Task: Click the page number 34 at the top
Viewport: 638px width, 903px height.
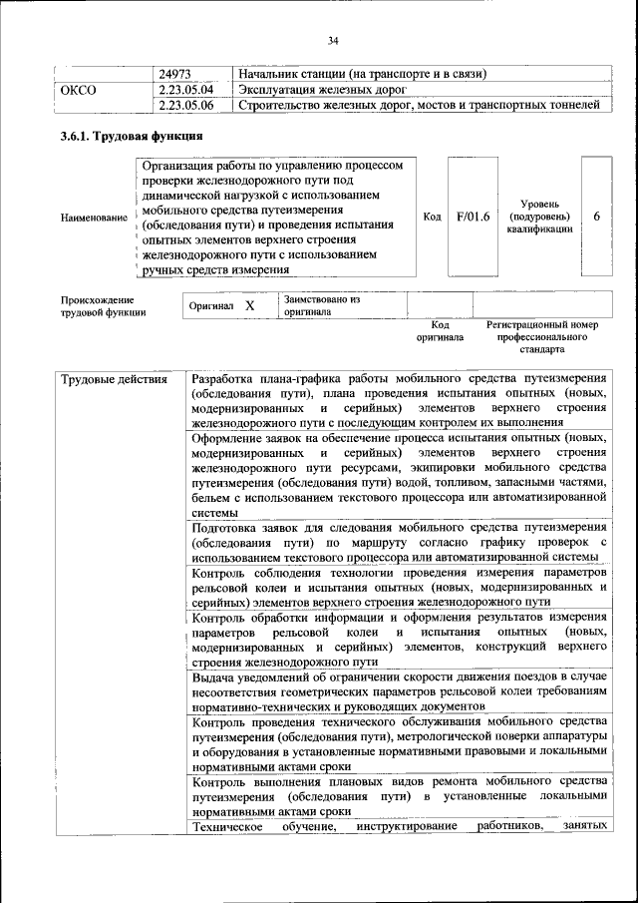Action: [333, 40]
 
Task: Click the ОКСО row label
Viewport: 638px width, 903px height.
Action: [79, 90]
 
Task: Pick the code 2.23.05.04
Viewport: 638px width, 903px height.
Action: [186, 90]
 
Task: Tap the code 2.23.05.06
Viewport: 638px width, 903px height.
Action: [186, 105]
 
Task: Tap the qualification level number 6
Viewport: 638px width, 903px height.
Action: [596, 217]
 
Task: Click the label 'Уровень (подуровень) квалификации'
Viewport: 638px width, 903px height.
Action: [538, 217]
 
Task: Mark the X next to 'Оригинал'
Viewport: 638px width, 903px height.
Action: [250, 306]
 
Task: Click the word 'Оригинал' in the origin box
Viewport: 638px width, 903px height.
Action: [211, 306]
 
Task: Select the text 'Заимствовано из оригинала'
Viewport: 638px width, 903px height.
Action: [321, 305]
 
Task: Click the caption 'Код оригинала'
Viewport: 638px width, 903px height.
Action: [440, 331]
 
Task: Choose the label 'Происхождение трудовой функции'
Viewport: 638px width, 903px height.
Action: [103, 306]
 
